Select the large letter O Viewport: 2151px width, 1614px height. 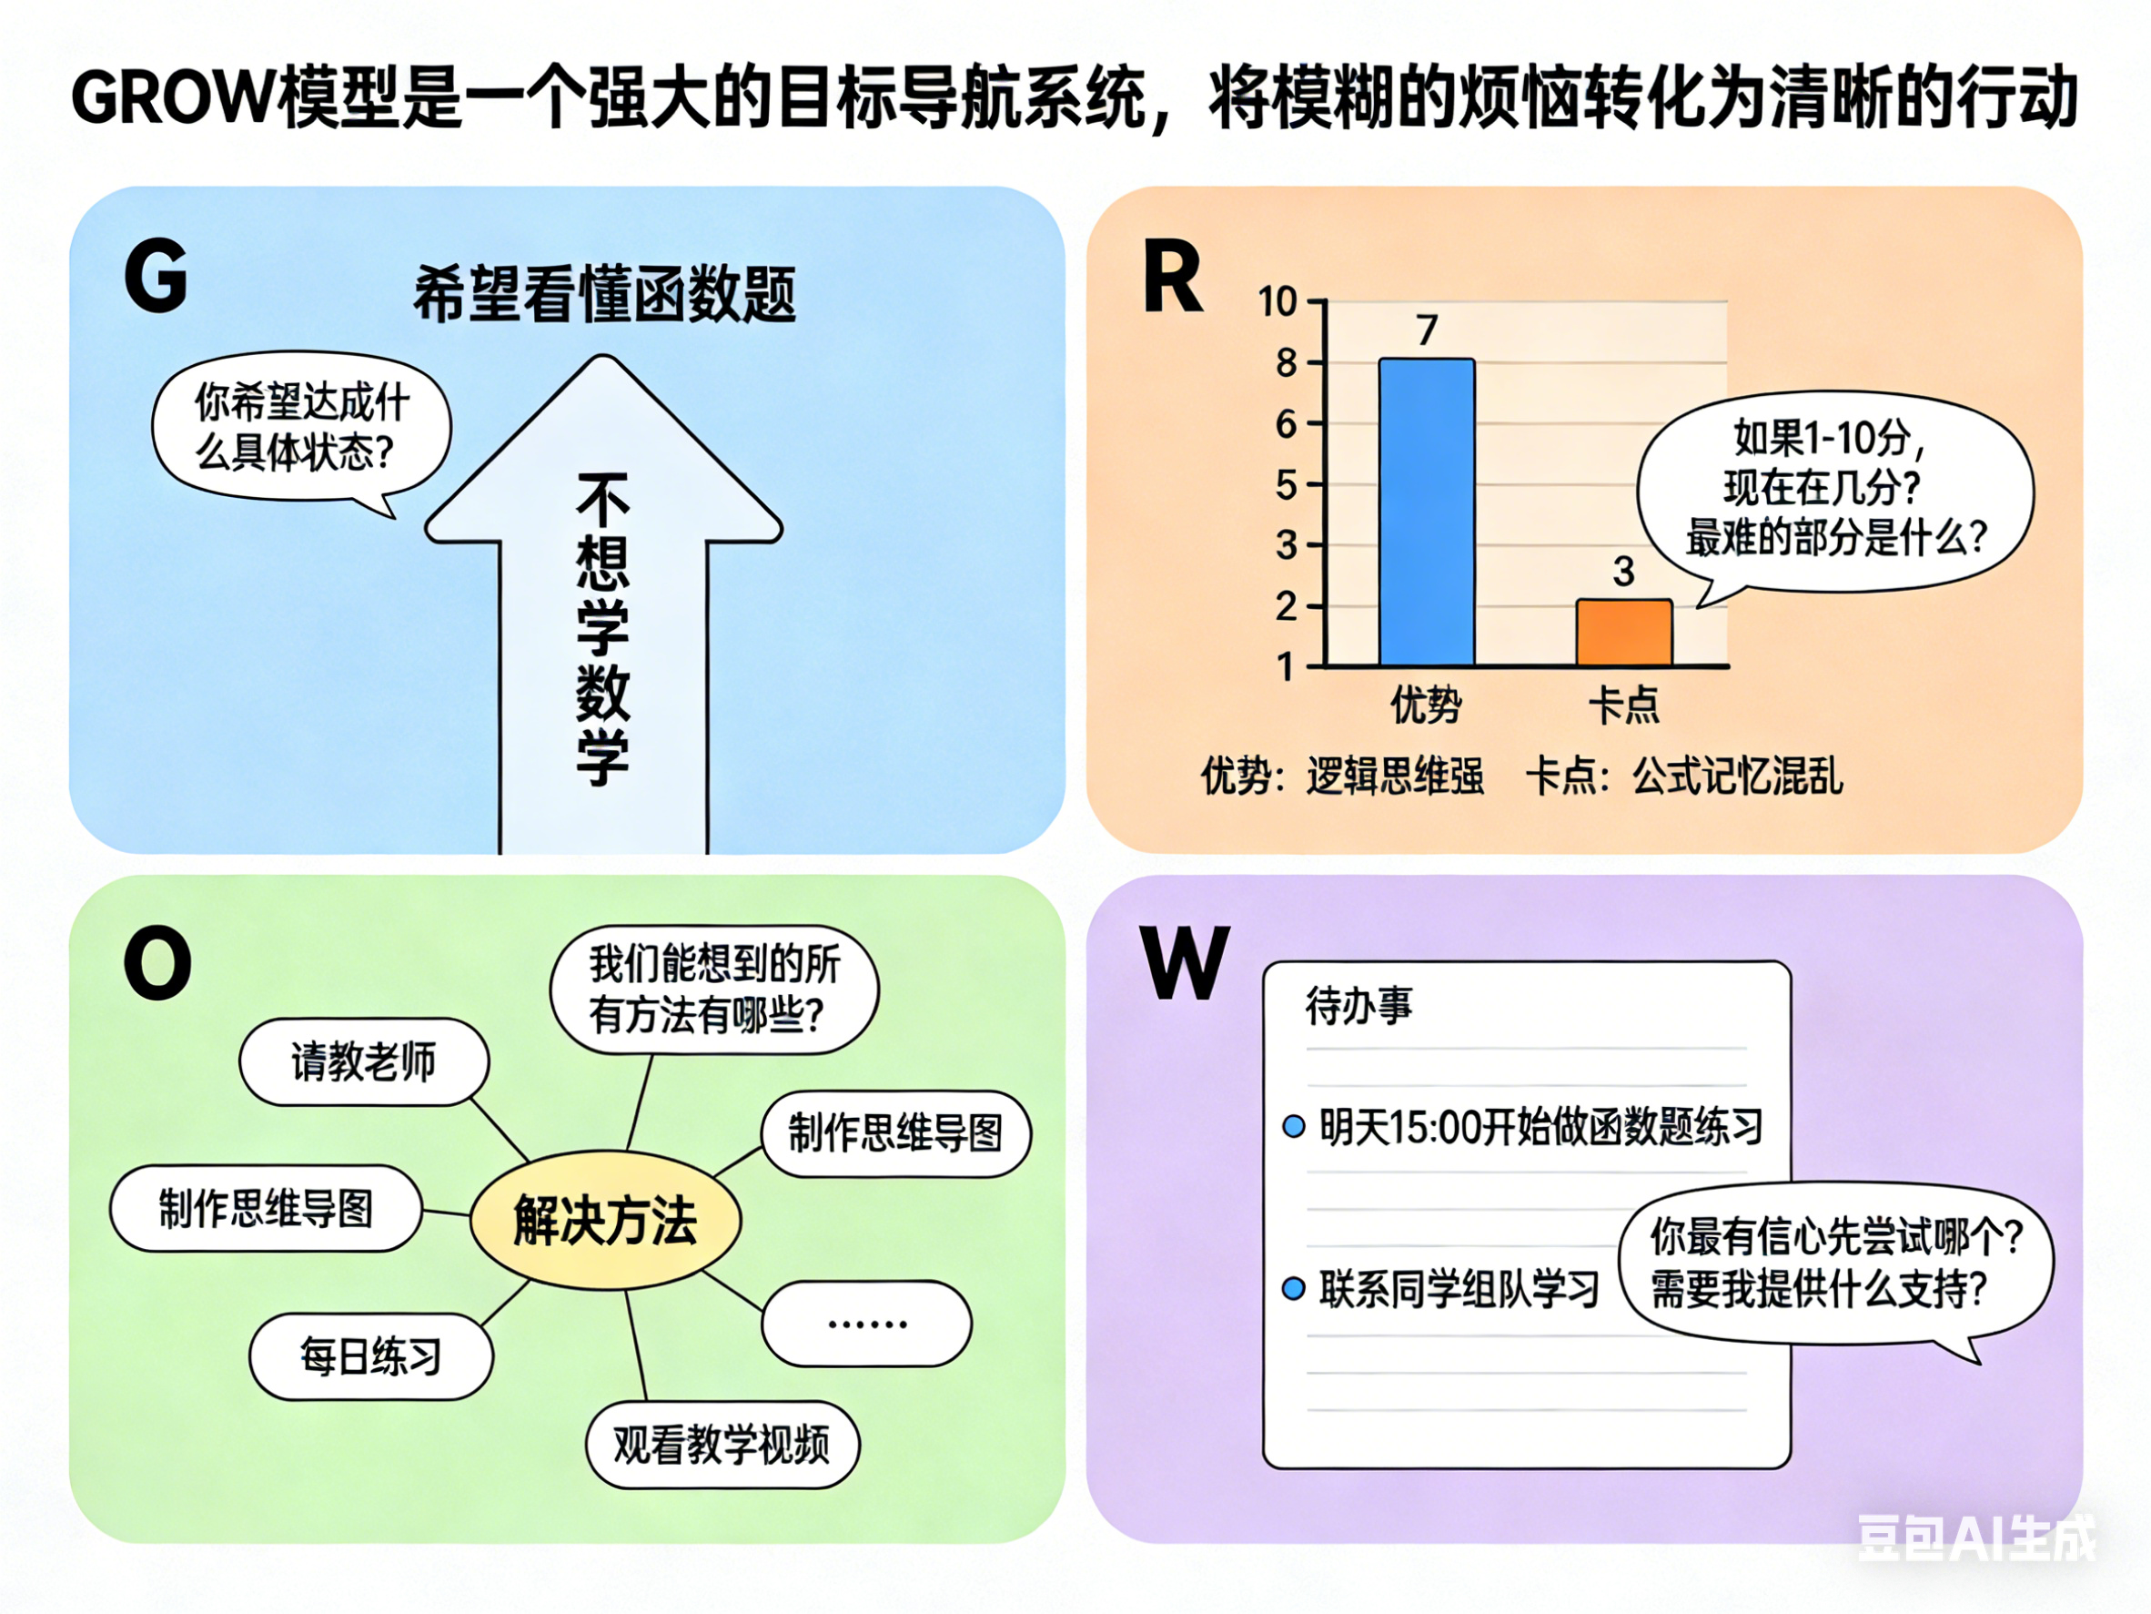pos(157,963)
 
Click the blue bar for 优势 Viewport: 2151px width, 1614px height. pos(1427,512)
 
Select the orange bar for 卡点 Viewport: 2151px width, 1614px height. pos(1624,633)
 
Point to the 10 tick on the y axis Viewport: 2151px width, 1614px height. pos(1277,301)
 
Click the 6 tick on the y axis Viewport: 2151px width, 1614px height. pos(1287,424)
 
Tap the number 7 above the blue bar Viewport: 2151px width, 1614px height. pos(1427,330)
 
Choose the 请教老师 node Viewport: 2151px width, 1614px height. pos(364,1061)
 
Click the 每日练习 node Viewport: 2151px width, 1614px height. pos(370,1356)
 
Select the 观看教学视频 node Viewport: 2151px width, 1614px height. pos(722,1445)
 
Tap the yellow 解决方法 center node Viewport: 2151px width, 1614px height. pos(605,1220)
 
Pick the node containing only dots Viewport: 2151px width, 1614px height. pos(866,1323)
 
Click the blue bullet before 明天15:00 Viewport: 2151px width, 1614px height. pos(1293,1127)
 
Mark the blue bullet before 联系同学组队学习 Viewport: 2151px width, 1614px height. pos(1293,1288)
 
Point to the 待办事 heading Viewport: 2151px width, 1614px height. pos(1358,1005)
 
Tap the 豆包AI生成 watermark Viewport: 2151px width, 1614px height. pos(1977,1538)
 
